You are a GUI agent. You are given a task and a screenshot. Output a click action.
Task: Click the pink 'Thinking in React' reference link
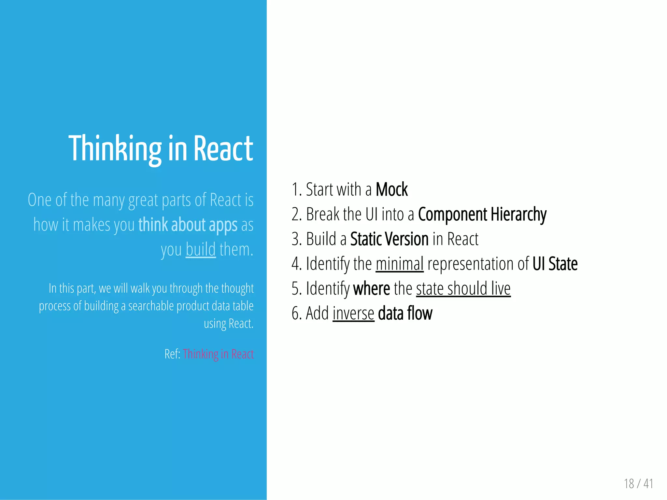coord(218,354)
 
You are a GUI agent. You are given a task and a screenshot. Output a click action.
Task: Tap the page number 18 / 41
coord(638,483)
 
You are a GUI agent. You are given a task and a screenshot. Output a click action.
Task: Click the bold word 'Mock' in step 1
coord(391,189)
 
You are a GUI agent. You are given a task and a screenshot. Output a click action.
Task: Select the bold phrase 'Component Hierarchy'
coord(482,215)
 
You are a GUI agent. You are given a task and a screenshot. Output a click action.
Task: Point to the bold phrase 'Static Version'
coord(389,239)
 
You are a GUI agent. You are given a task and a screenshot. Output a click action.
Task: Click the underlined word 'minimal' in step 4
coord(400,264)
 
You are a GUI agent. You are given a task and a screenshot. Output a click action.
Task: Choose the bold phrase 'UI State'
coord(555,264)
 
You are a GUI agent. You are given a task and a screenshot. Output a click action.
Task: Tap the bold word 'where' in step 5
coord(372,288)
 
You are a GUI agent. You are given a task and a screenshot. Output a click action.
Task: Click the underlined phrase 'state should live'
coord(463,288)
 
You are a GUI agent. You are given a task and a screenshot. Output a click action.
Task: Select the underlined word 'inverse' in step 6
coord(353,313)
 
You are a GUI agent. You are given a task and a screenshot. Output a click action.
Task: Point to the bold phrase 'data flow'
coord(405,313)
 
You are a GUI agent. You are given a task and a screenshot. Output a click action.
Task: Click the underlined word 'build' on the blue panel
coord(201,249)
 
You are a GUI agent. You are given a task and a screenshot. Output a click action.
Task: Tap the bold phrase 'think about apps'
coord(188,225)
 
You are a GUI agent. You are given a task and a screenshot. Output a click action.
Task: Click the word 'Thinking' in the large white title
coord(115,149)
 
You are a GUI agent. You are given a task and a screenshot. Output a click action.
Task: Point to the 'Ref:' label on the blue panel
coord(172,354)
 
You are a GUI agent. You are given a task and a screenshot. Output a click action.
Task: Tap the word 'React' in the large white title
coord(223,149)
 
